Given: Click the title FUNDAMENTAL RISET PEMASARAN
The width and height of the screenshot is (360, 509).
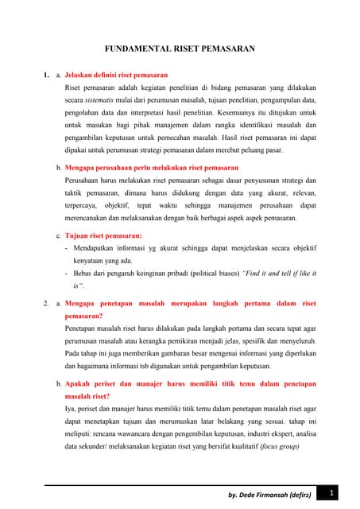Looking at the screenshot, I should (180, 49).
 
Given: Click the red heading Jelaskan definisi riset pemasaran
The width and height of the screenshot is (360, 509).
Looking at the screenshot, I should (111, 75).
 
